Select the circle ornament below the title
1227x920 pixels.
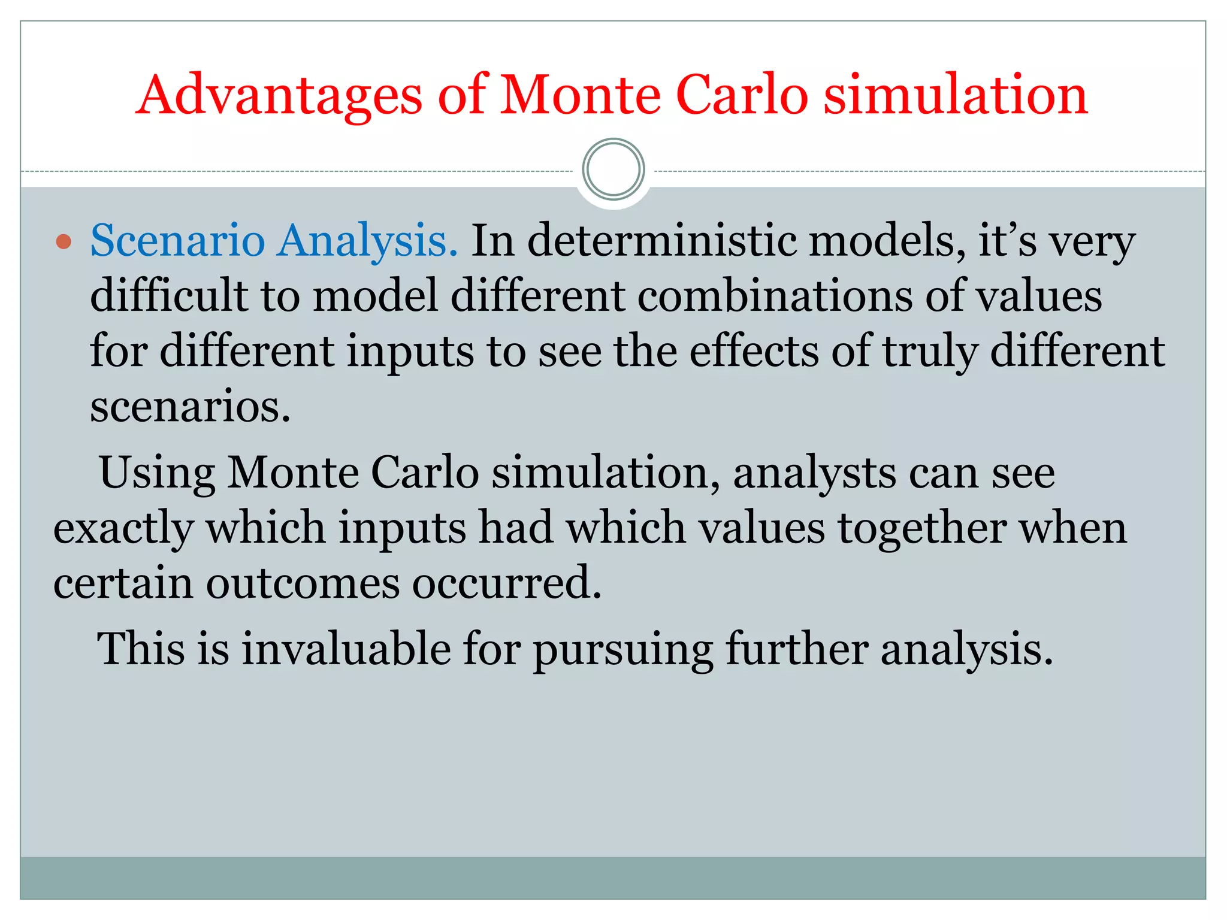pos(613,170)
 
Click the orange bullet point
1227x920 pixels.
pos(64,242)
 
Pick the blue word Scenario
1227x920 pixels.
pos(177,241)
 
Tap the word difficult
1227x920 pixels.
pos(169,296)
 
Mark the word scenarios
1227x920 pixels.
pos(190,407)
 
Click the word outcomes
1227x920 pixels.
pos(303,583)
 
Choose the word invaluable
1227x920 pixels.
pos(346,649)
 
